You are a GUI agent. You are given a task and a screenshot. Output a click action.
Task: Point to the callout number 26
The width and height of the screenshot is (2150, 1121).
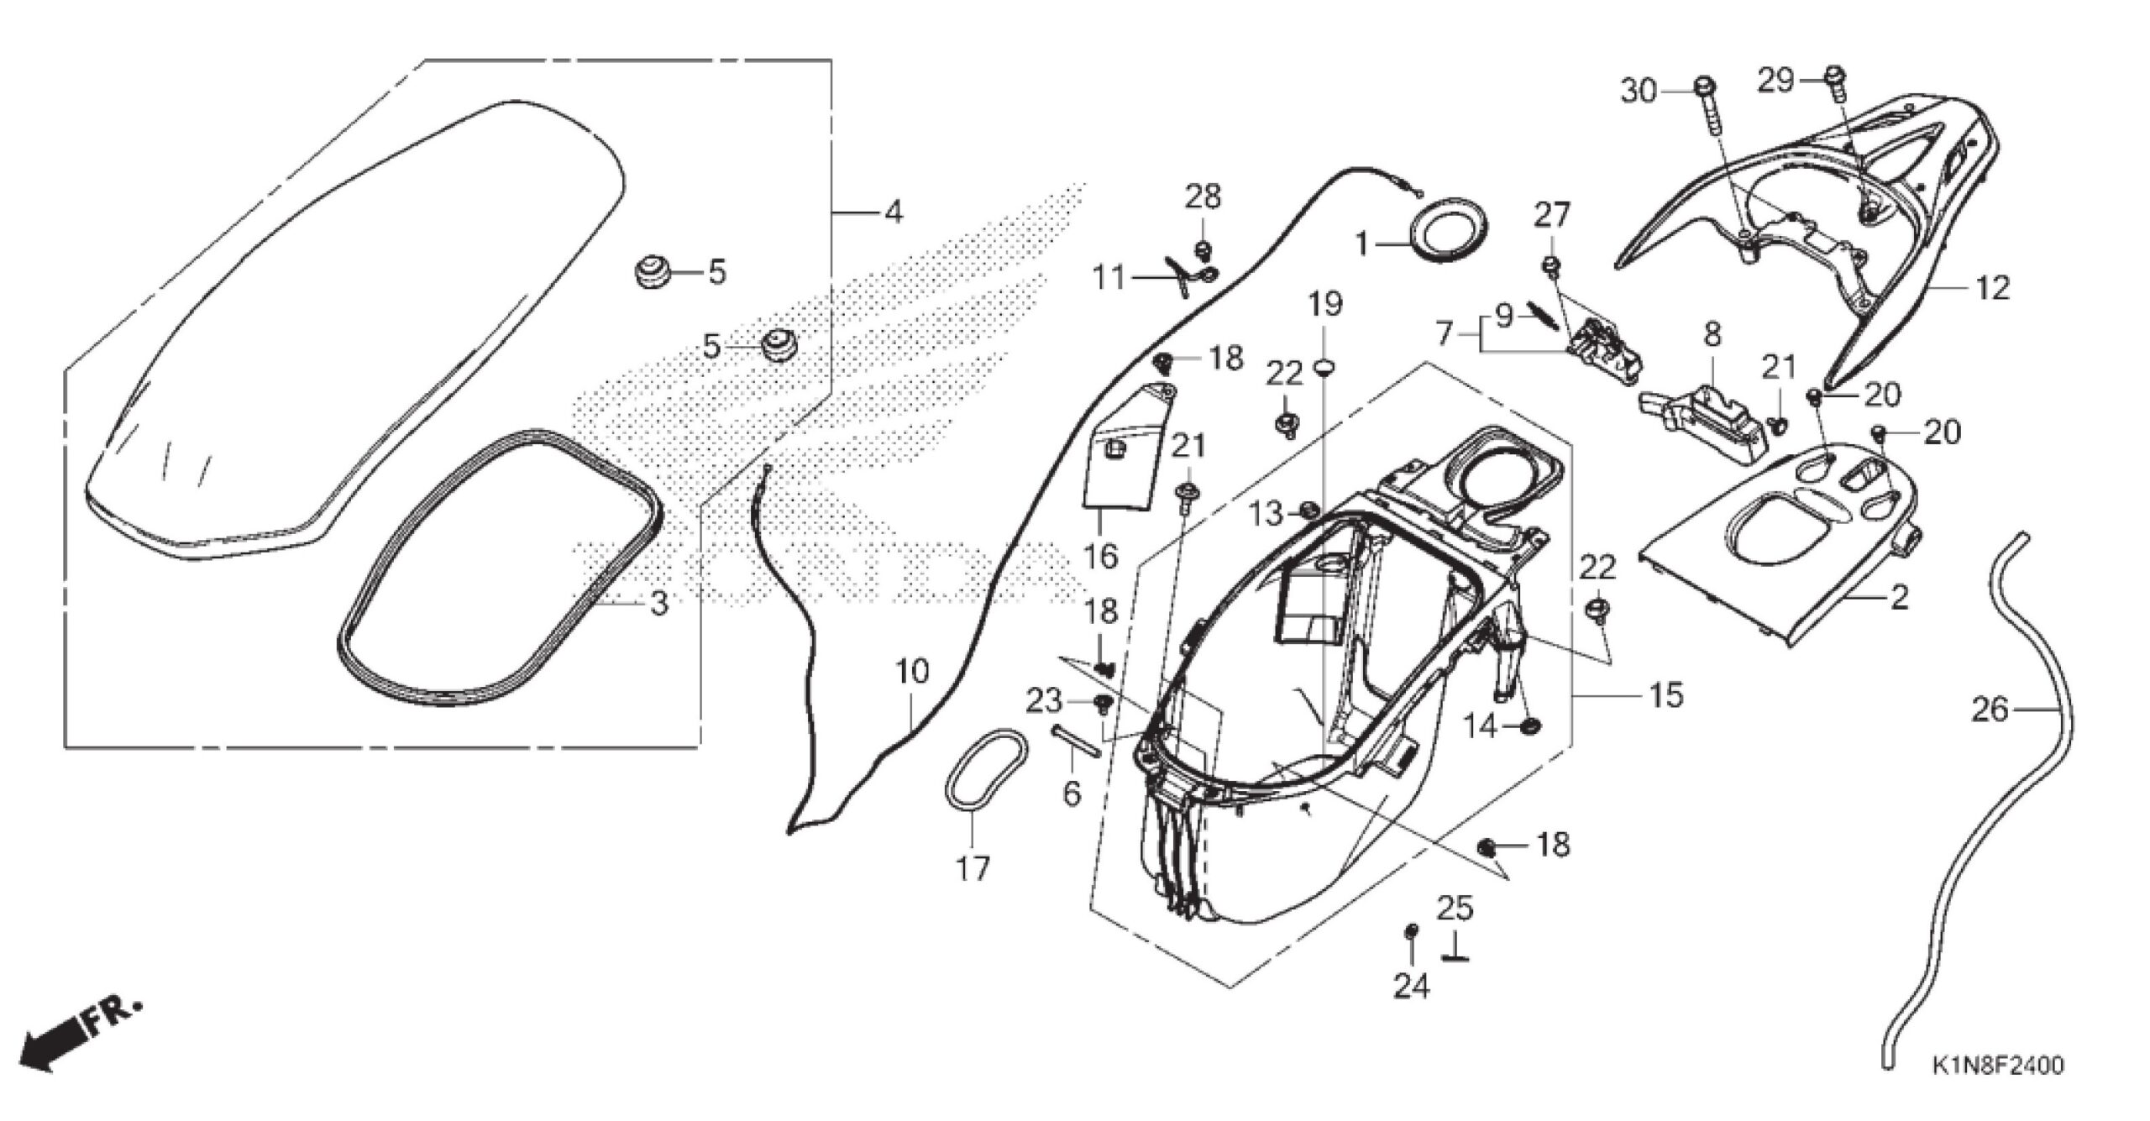pos(1990,710)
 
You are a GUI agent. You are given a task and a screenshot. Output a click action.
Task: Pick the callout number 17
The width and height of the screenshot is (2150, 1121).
pos(973,868)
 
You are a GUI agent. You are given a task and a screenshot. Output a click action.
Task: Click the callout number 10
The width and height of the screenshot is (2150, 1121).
pos(912,672)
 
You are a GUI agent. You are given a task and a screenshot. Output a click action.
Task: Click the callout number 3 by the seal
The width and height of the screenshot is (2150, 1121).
pos(659,602)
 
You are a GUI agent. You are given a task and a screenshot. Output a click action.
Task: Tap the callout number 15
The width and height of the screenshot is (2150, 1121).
pos(1666,694)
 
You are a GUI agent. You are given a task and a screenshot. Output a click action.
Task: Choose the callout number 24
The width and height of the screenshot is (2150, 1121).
pos(1411,986)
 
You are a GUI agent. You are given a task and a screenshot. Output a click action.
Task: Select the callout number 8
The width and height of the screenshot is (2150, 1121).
pos(1711,335)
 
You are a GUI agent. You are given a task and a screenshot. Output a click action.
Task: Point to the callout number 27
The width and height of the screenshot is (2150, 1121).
pos(1551,216)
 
